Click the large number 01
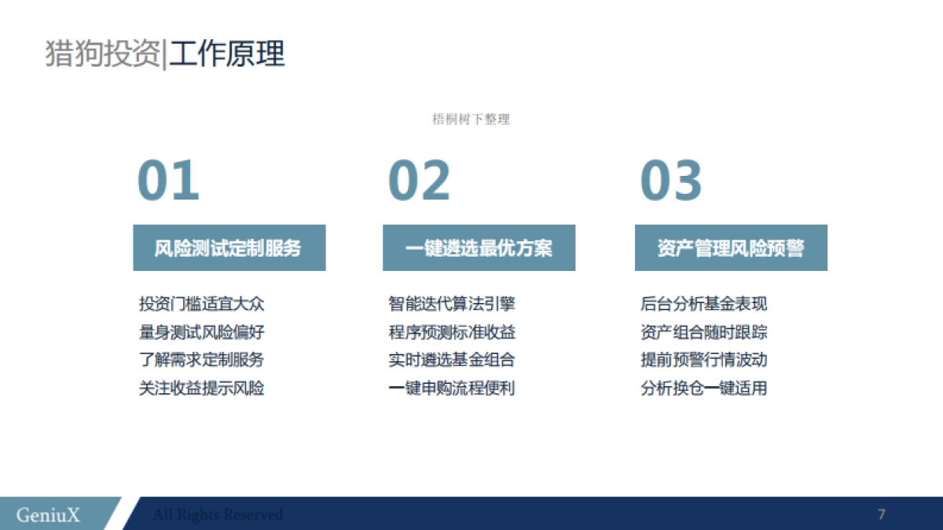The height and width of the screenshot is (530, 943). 168,181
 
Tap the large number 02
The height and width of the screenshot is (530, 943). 420,181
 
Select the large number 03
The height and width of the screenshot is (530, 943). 671,181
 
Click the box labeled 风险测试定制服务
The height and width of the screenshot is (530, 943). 229,248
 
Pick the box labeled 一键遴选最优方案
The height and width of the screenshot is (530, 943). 479,248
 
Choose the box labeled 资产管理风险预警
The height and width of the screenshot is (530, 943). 731,248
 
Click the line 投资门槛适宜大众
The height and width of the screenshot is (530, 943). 201,304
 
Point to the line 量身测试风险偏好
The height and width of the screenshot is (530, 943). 201,332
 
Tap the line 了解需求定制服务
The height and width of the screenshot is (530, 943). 201,360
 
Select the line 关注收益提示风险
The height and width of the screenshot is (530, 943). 201,388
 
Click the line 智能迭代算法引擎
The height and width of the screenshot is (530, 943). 452,304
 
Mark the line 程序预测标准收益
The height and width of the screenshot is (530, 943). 452,332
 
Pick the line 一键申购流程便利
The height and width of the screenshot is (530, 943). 452,388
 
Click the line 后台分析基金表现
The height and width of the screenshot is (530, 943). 704,304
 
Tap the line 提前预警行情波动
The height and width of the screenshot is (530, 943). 704,360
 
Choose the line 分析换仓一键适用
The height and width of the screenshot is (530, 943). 704,388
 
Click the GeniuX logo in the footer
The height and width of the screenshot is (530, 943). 48,515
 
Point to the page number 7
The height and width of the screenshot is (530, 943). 882,515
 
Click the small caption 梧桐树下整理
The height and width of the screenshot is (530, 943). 472,119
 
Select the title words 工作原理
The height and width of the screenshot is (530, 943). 227,54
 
